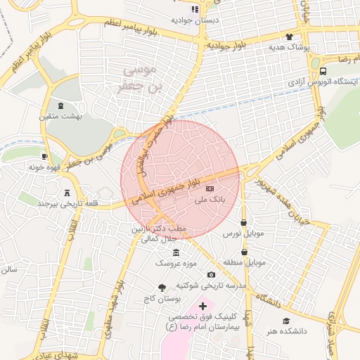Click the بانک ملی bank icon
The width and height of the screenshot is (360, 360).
[x=210, y=189]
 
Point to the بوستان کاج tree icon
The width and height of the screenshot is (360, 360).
[x=162, y=288]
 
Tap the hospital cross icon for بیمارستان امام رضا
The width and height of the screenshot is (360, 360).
[x=203, y=306]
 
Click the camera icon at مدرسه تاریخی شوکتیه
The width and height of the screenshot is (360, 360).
[x=211, y=274]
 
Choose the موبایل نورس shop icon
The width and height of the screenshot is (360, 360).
[x=243, y=222]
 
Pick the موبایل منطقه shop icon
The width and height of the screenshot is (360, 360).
[x=244, y=252]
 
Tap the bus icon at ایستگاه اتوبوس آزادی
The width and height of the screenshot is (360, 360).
[x=323, y=71]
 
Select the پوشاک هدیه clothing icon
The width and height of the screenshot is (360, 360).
[x=289, y=37]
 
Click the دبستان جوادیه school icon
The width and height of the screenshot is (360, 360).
[x=195, y=9]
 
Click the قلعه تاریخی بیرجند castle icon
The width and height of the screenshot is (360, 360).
[x=67, y=193]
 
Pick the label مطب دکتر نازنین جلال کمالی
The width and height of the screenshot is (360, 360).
[x=155, y=234]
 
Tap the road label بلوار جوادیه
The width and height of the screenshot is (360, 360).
[x=226, y=45]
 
